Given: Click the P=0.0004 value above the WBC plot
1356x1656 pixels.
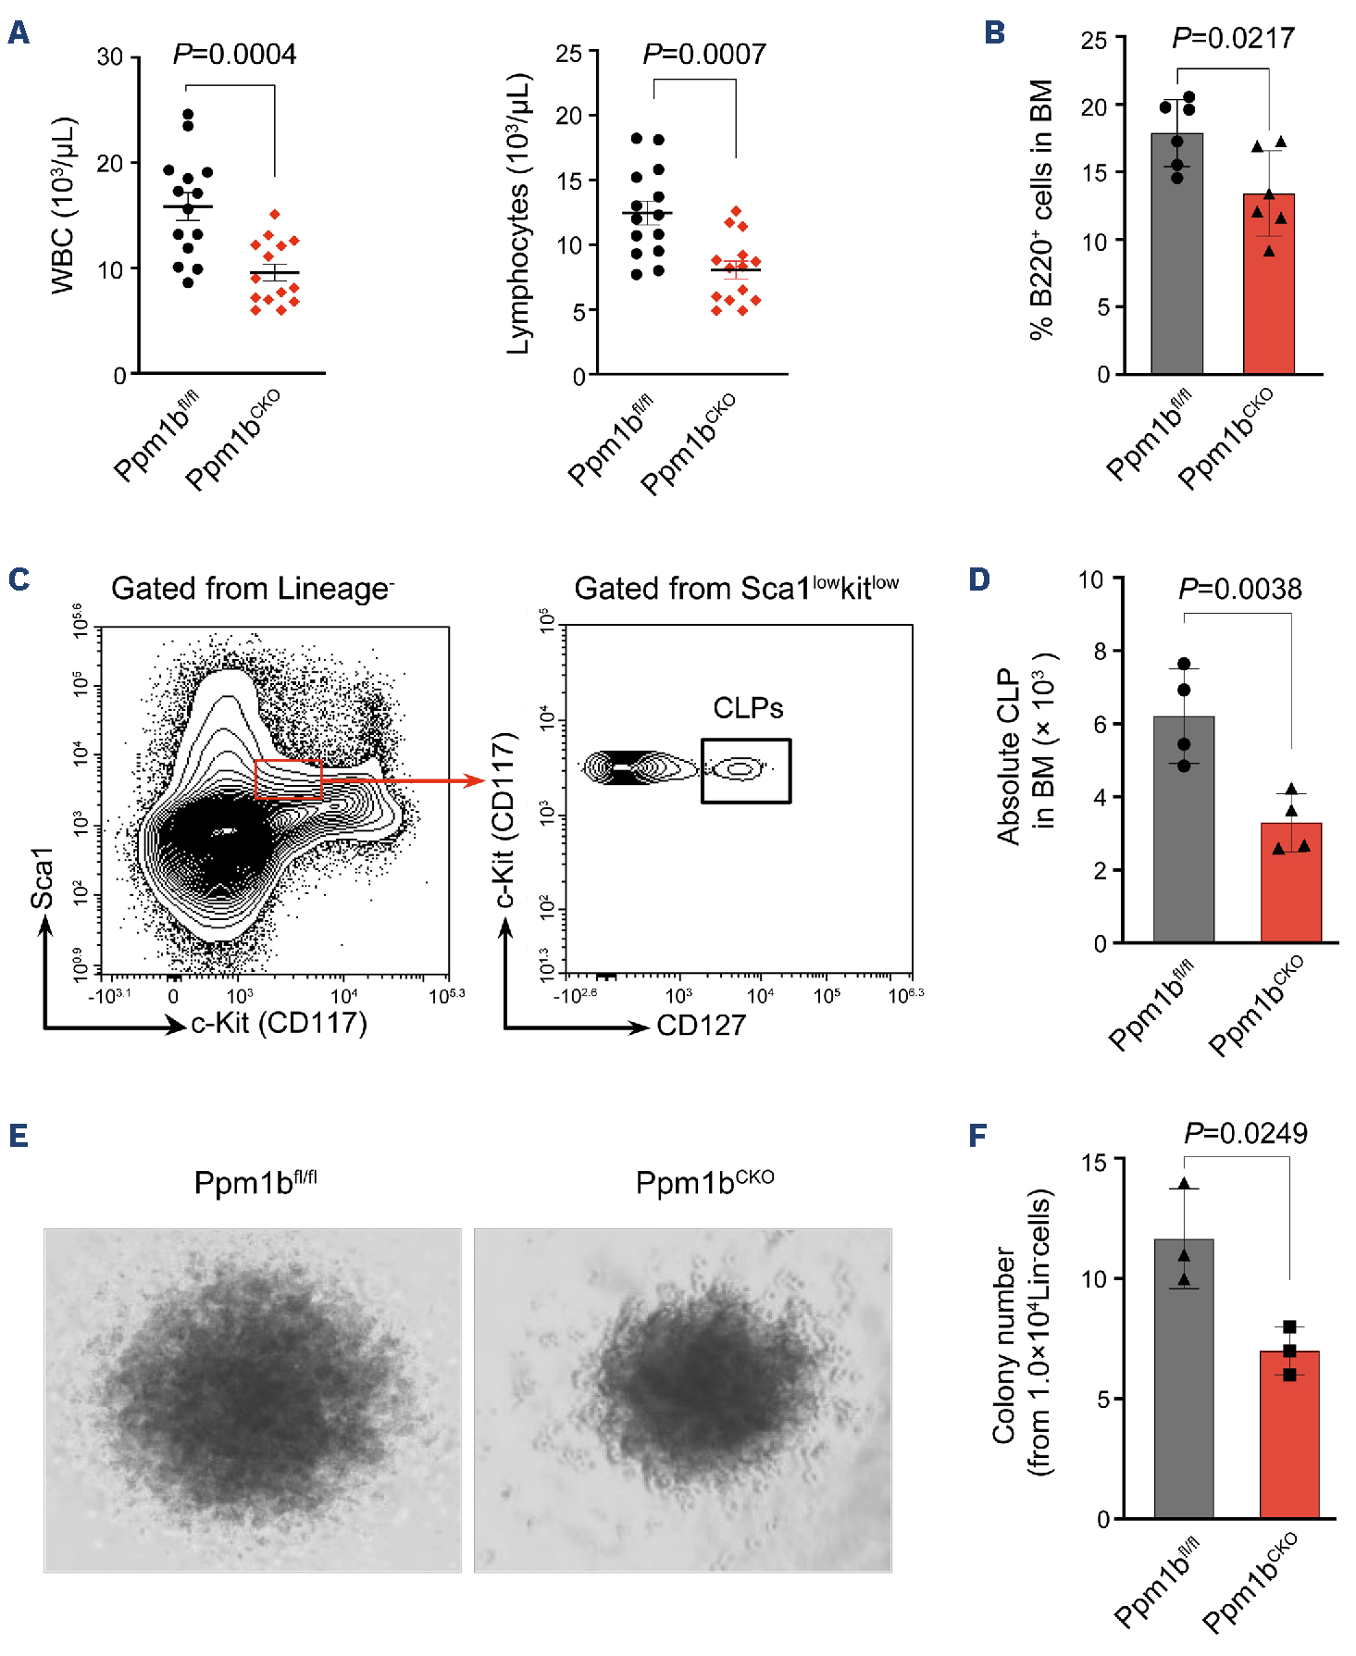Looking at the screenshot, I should tap(234, 55).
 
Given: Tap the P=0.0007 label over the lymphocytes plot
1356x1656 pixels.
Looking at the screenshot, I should tap(704, 55).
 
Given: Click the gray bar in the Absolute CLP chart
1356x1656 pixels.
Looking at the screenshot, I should tap(1183, 833).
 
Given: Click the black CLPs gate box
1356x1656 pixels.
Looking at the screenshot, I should tap(745, 770).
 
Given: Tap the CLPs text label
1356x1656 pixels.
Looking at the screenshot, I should tap(748, 708).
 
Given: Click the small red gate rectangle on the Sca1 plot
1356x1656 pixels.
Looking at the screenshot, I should tap(288, 778).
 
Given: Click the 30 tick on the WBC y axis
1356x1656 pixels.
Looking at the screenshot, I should tap(110, 57).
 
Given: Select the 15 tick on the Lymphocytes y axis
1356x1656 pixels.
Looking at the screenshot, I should tap(569, 181).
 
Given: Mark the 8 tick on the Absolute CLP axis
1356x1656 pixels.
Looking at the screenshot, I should tap(1100, 652).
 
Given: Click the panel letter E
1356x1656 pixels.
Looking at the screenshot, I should tap(19, 1136).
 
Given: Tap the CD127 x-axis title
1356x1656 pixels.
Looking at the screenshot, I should tap(701, 1026).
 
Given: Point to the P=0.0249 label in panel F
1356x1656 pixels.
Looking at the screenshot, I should tap(1245, 1134).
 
